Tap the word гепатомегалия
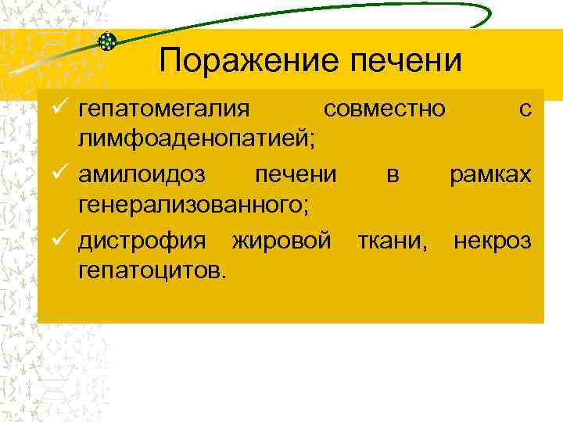coord(163,110)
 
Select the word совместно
coord(385,109)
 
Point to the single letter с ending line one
coord(525,110)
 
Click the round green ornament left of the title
coord(108,42)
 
